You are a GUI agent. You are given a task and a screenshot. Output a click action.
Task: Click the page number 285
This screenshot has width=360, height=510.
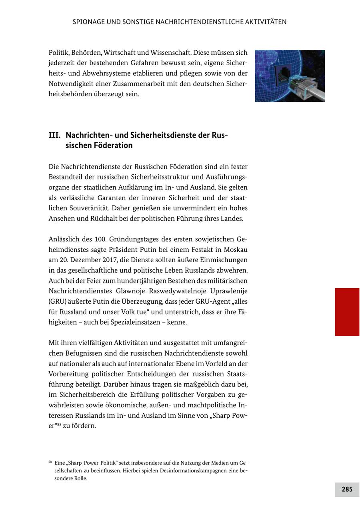347,489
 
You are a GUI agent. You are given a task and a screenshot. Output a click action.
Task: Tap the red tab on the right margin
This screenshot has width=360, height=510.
347,312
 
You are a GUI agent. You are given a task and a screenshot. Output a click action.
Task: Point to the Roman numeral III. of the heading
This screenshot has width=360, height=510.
54,135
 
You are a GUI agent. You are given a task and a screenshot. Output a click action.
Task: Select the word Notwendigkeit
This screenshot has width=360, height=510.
70,84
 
